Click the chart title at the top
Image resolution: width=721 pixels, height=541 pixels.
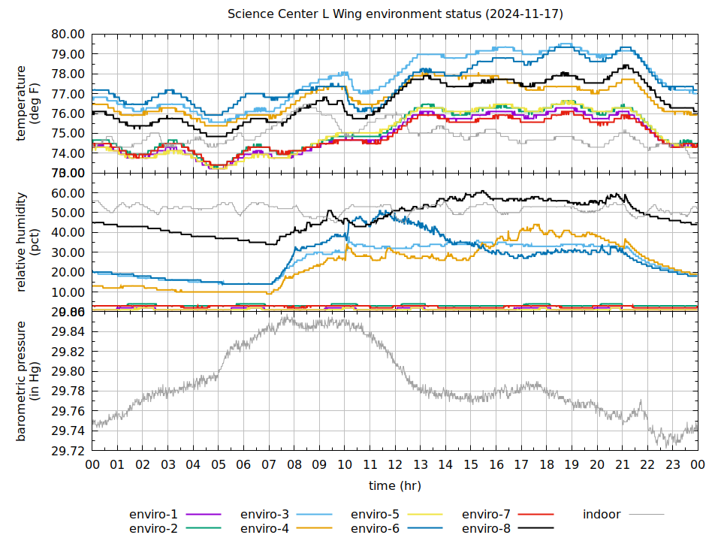[395, 14]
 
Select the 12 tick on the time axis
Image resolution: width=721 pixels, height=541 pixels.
[395, 465]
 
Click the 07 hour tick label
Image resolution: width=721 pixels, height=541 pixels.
[269, 465]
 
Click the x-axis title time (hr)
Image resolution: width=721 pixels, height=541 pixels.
[395, 486]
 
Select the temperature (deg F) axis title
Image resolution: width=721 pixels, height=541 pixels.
[28, 104]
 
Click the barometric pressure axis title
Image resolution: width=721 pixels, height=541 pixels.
[28, 381]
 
